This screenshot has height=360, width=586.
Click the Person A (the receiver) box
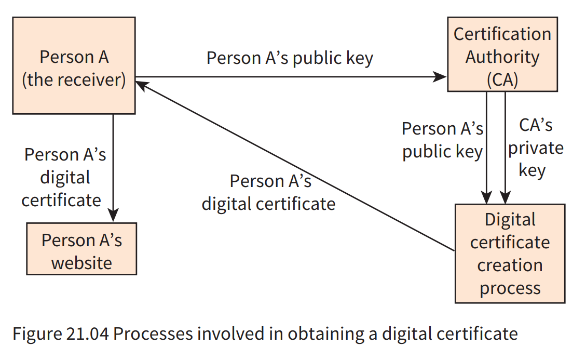(74, 65)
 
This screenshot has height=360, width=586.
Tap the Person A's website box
(81, 249)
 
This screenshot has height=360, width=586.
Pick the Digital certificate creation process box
(510, 254)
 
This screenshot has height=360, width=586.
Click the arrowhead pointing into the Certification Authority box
(441, 77)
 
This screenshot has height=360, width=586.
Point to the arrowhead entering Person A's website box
(113, 216)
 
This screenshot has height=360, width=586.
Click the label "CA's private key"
(535, 148)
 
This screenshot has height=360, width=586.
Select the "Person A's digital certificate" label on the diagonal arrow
(269, 192)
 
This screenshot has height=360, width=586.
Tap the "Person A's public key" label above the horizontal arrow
(290, 58)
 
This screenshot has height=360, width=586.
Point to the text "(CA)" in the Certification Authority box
(502, 79)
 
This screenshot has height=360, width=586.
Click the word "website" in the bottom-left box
(81, 262)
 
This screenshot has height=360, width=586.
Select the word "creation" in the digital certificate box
(510, 265)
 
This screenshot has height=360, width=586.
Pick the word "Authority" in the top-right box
(502, 57)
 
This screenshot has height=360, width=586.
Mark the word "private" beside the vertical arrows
(535, 148)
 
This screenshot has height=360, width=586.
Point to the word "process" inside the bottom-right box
(510, 288)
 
